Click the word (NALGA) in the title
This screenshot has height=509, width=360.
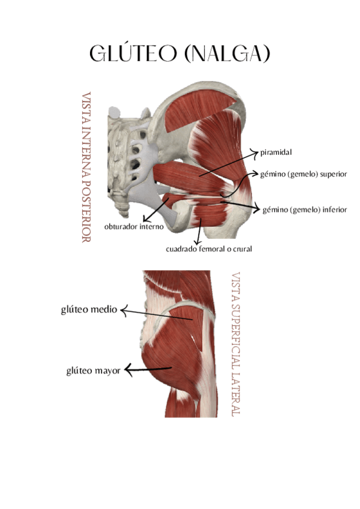pos(226,54)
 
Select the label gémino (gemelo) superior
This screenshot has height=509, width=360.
pos(303,174)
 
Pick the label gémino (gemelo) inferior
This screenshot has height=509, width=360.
pos(304,209)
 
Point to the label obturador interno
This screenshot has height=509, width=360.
pos(133,227)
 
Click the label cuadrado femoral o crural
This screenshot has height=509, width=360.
pos(209,248)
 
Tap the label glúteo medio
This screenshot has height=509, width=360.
pos(89,310)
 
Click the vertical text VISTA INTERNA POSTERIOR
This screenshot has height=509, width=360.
pos(86,167)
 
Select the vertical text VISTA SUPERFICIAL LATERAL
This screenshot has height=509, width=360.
pos(235,345)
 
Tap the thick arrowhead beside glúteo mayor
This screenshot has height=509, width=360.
pos(127,370)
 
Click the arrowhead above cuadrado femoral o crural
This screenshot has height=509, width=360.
pos(198,239)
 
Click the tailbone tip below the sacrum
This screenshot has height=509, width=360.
pos(124,213)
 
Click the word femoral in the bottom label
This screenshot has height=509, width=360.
pos(209,248)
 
